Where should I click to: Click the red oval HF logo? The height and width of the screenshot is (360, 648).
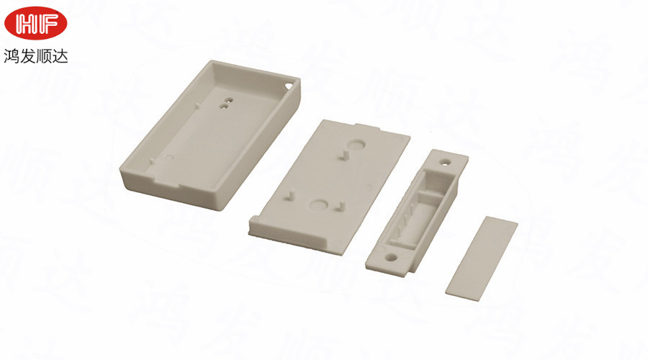(x=35, y=23)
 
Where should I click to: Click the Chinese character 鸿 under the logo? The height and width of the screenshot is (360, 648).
(x=12, y=55)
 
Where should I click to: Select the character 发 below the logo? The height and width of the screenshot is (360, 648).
(x=27, y=55)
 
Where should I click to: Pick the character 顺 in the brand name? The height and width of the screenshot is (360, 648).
(x=44, y=55)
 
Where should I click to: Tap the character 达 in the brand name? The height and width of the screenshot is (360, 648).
(x=60, y=55)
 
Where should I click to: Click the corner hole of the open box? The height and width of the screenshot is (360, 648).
(x=289, y=86)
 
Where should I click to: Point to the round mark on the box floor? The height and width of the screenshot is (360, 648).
(x=169, y=158)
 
